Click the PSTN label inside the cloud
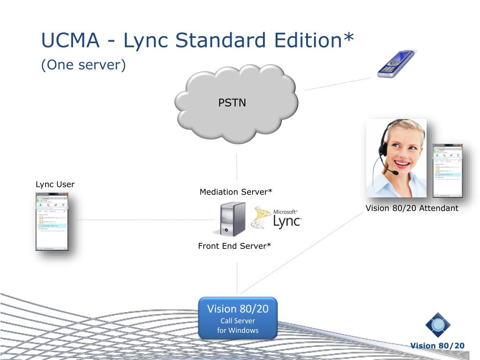coord(232,103)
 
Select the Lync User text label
coord(55,184)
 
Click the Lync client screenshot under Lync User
coord(52,222)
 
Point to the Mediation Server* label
coord(236,192)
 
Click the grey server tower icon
coord(229,218)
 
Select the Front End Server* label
coord(234,246)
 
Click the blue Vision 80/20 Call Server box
coord(238,318)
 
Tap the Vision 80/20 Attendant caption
coord(412,208)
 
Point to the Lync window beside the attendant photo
coord(447,170)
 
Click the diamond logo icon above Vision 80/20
coord(438,325)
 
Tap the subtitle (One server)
coord(83,65)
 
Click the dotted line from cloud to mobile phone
coord(337,83)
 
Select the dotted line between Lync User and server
coord(141,219)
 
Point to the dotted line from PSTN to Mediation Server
coord(237,166)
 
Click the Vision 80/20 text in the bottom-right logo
coord(437,346)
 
